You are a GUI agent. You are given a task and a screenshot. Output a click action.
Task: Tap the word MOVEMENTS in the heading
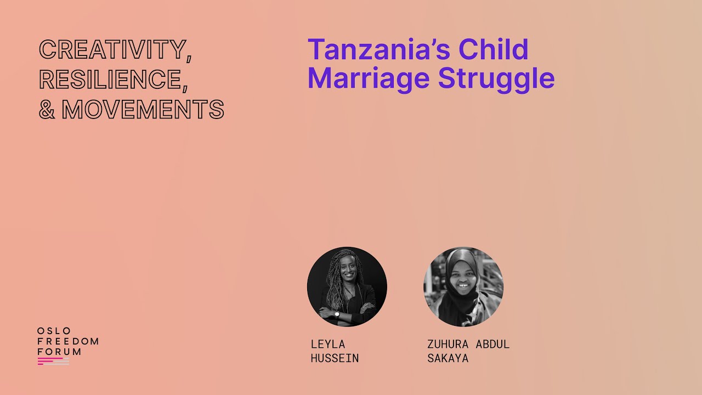[143, 109]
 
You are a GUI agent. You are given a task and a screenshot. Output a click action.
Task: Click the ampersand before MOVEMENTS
[47, 109]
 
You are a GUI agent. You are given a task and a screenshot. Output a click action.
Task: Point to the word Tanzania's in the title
[379, 49]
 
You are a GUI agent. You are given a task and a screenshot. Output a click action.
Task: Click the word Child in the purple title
[494, 49]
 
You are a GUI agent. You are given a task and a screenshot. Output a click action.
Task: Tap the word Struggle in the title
[496, 79]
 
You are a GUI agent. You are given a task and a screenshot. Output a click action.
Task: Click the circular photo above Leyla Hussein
[347, 287]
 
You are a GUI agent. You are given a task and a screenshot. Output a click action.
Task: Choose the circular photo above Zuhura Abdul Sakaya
[463, 287]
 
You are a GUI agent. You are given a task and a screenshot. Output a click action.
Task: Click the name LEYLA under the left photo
[328, 344]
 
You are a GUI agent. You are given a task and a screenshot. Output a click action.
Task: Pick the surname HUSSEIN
[335, 358]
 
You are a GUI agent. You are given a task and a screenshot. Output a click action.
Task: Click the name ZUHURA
[448, 344]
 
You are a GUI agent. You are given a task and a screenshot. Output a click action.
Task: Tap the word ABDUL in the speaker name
[492, 344]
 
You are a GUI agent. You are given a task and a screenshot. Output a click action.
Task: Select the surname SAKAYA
[448, 358]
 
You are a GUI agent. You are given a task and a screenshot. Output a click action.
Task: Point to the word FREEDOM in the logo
[68, 341]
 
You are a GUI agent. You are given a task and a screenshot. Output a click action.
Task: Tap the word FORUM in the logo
[59, 352]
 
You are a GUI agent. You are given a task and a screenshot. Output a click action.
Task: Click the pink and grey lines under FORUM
[53, 361]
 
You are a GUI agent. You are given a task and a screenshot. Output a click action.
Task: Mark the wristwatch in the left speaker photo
[337, 314]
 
